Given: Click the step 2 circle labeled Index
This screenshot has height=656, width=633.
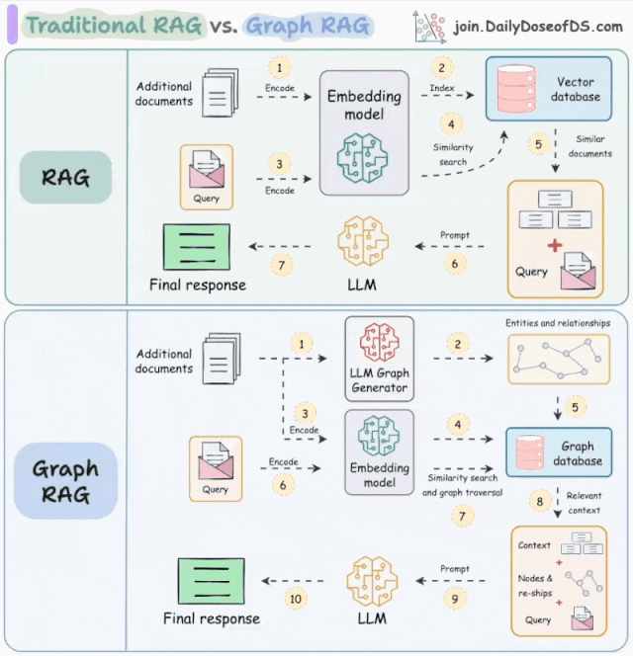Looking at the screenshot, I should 440,68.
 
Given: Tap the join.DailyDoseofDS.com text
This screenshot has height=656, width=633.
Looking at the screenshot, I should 538,26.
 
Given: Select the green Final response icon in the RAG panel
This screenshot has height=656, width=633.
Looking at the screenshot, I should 196,247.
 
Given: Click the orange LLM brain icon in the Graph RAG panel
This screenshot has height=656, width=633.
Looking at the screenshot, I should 372,581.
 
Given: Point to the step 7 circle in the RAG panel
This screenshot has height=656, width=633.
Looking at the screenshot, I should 282,265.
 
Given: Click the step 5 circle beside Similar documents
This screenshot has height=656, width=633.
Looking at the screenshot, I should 539,144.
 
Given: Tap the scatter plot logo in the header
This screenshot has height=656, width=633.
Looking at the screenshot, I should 428,26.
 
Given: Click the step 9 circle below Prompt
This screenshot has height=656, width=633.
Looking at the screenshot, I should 454,598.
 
